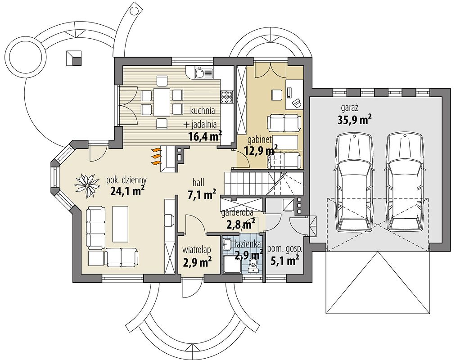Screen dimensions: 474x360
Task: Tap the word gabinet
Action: [260, 139]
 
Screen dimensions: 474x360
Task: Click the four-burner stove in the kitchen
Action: [227, 97]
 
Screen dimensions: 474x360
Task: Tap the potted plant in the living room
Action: [87, 185]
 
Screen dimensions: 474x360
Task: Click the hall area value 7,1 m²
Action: [202, 194]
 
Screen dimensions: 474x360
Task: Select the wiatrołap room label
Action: [197, 250]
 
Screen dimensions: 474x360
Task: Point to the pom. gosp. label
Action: [284, 249]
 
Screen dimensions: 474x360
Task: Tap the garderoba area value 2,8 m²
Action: [240, 224]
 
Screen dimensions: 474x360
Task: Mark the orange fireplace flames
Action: [155, 156]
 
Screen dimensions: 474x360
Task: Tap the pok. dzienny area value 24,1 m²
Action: [127, 191]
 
